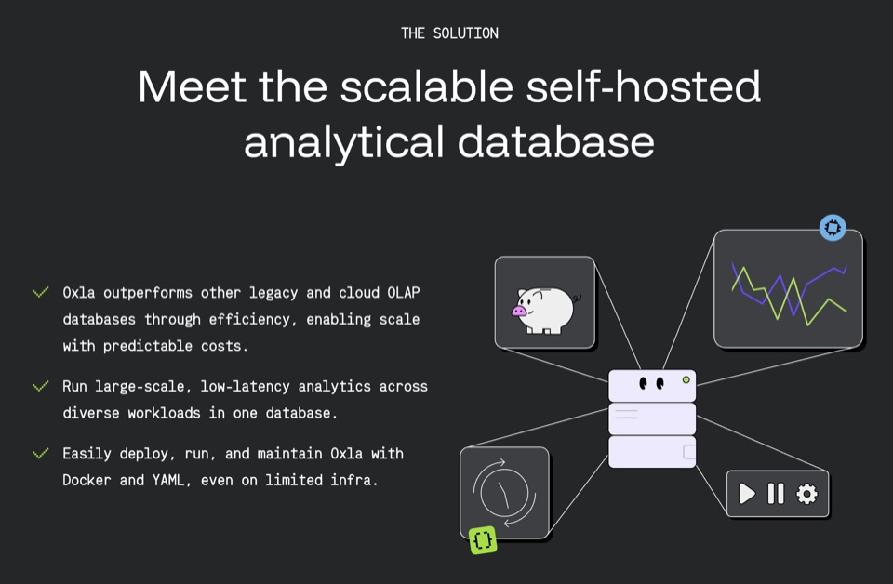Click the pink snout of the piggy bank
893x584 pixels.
[519, 311]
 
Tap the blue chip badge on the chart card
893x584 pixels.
[833, 228]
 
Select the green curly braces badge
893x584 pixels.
[483, 539]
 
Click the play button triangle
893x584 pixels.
[747, 494]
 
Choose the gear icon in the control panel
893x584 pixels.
[806, 494]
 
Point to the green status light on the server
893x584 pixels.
[686, 379]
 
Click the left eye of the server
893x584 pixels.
[644, 384]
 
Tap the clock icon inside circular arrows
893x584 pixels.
[504, 492]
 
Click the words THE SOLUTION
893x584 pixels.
[449, 33]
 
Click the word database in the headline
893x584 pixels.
[556, 141]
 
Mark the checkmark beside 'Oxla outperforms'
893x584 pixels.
[40, 293]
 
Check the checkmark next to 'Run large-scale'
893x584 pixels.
[40, 387]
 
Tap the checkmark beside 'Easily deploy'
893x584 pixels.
[40, 454]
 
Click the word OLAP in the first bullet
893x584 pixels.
[403, 293]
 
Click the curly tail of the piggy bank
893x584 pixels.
[577, 298]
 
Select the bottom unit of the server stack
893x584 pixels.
[652, 452]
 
